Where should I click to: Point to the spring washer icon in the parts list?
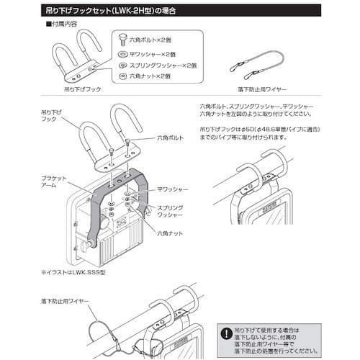point(124,66)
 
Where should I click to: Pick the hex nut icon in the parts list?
point(124,76)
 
